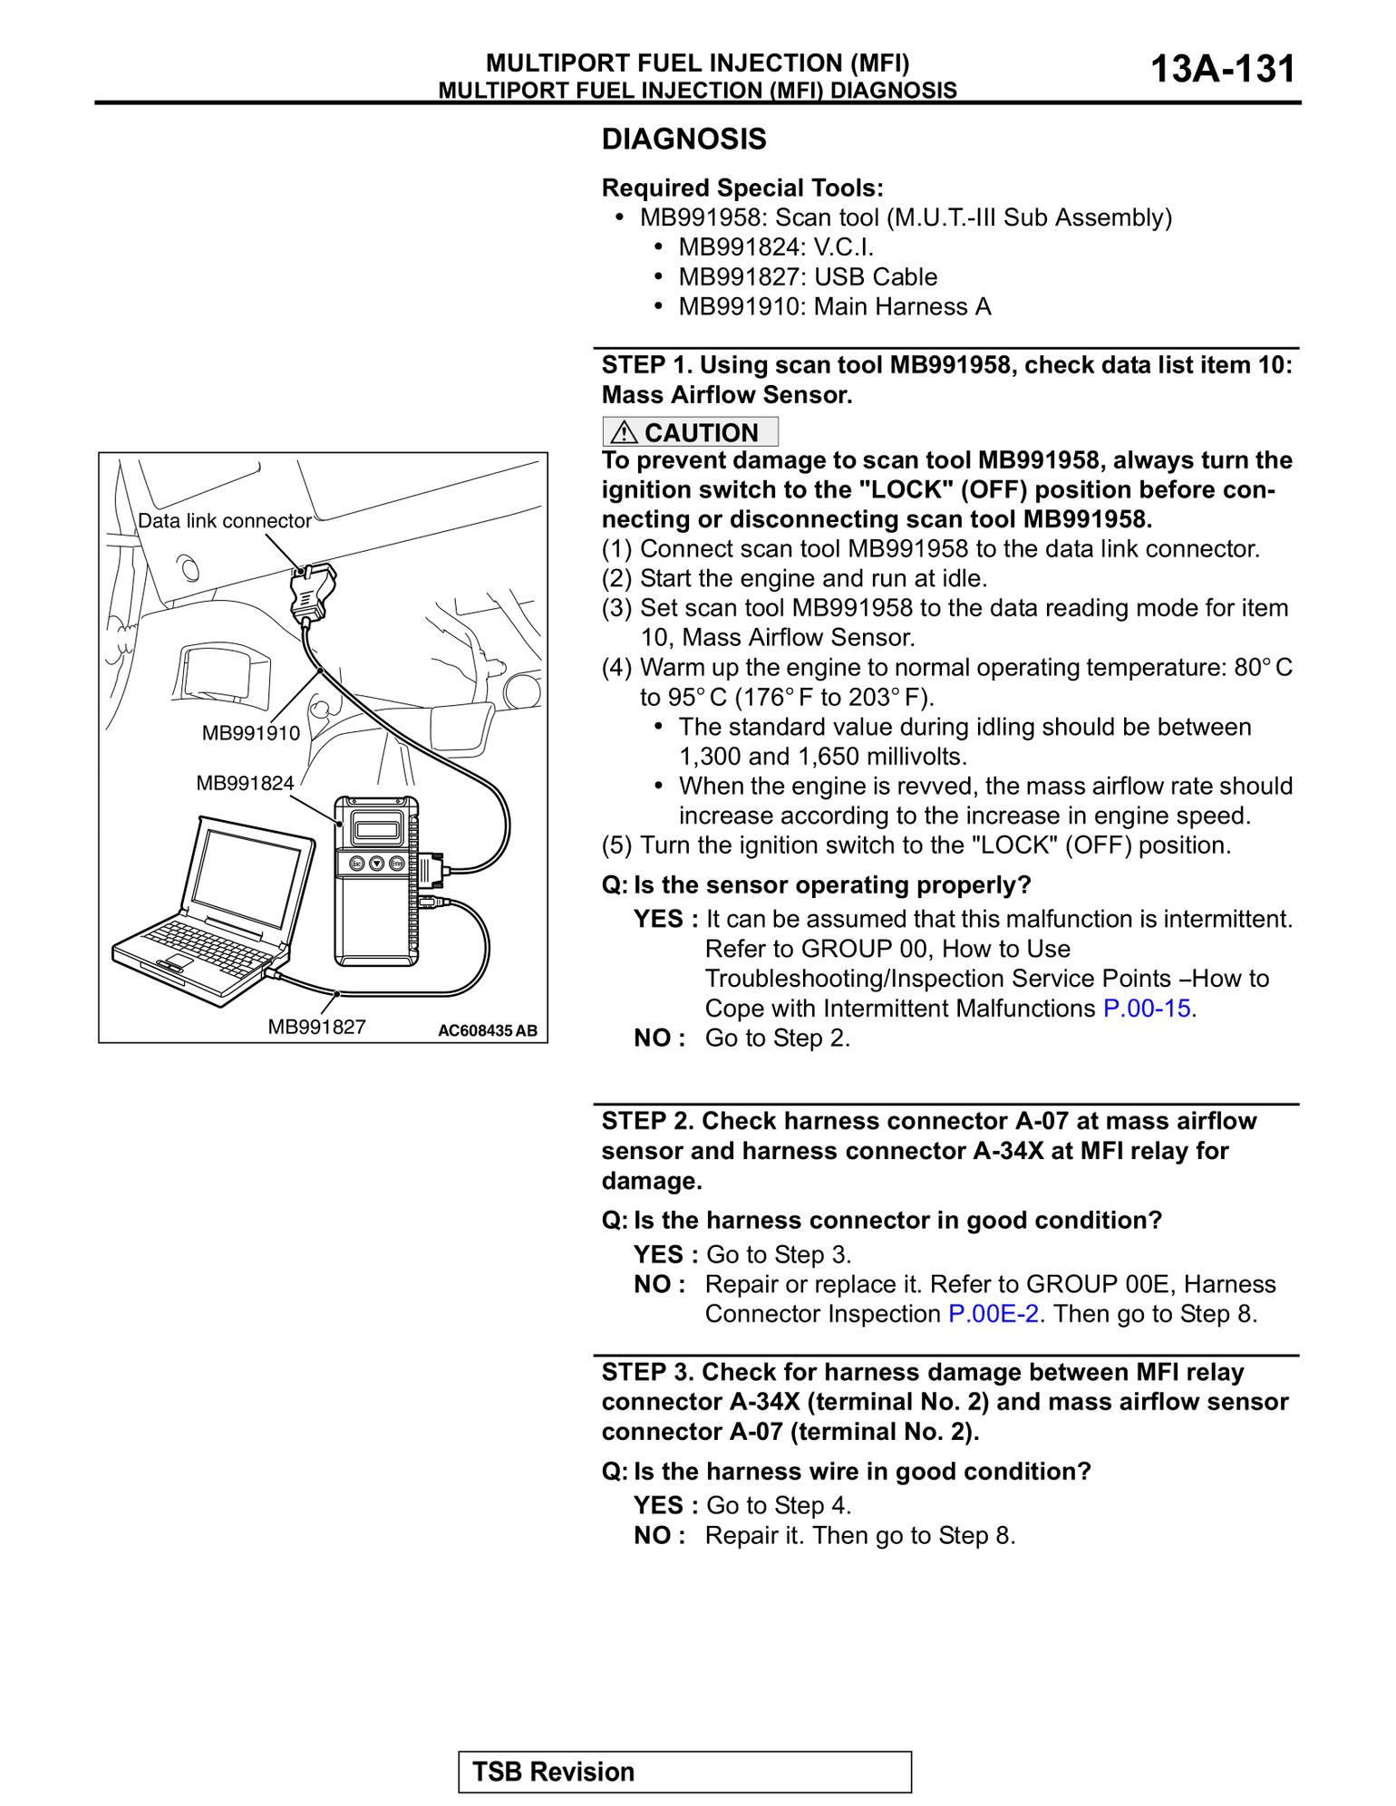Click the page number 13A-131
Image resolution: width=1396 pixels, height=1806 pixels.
click(1222, 70)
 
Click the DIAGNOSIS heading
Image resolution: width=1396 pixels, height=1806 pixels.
click(684, 140)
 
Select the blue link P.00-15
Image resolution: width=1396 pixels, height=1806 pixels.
click(1147, 1009)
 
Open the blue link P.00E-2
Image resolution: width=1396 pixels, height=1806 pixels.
click(993, 1314)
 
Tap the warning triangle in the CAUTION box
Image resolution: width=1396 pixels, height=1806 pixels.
click(624, 433)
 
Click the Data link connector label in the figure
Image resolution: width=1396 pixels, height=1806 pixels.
click(224, 521)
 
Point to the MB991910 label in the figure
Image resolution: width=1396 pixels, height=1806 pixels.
click(251, 733)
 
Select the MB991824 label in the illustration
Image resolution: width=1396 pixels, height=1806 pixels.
click(245, 783)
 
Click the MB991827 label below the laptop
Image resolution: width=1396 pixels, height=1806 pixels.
click(316, 1027)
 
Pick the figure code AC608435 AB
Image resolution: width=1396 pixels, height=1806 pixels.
click(487, 1030)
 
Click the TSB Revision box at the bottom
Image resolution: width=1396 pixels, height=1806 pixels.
click(684, 1772)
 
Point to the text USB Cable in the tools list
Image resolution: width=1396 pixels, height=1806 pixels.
click(876, 277)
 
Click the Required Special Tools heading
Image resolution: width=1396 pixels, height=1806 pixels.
click(742, 188)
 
